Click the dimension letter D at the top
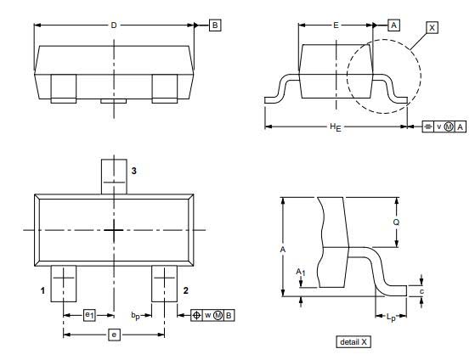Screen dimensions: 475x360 [114, 25]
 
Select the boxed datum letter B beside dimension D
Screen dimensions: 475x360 [215, 25]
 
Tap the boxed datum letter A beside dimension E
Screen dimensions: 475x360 [393, 25]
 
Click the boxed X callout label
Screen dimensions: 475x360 [432, 28]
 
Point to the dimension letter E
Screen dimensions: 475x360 [336, 25]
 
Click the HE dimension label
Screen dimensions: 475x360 [336, 127]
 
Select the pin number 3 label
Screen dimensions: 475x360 [134, 171]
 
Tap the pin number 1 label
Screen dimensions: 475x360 [42, 290]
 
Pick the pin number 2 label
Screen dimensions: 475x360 [186, 290]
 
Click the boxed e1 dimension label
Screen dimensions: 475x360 [89, 316]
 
